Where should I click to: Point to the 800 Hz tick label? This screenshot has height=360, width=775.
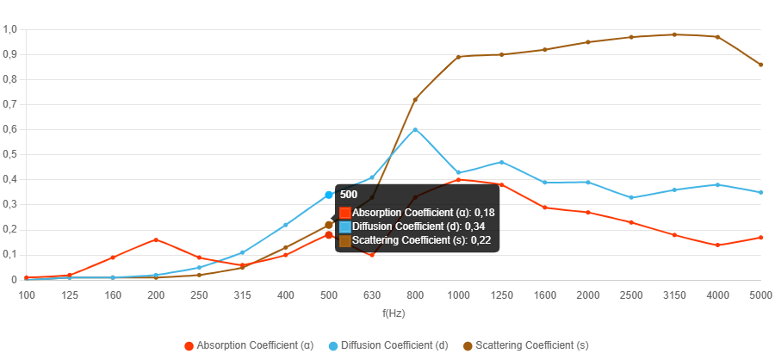pos(415,295)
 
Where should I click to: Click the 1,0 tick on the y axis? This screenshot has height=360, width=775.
pos(10,29)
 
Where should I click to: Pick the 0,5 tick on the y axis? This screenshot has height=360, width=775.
pos(10,154)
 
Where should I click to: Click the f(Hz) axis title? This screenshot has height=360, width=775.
pos(394,313)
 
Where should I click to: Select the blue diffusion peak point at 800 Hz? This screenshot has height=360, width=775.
pos(415,129)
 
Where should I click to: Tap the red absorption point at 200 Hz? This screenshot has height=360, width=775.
pos(156,239)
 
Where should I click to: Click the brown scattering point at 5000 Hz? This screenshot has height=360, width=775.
pos(761,65)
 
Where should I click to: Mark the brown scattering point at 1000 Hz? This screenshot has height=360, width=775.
pos(458,57)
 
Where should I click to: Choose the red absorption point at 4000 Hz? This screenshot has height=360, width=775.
pos(717,245)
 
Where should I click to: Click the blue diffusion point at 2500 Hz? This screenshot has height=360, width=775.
pos(631,197)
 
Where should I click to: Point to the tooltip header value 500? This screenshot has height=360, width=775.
pos(349,195)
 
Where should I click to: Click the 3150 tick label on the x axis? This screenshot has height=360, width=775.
pos(674,295)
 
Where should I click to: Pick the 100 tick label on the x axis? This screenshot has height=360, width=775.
pos(27,295)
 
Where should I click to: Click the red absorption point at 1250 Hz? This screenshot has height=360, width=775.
pos(501,184)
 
